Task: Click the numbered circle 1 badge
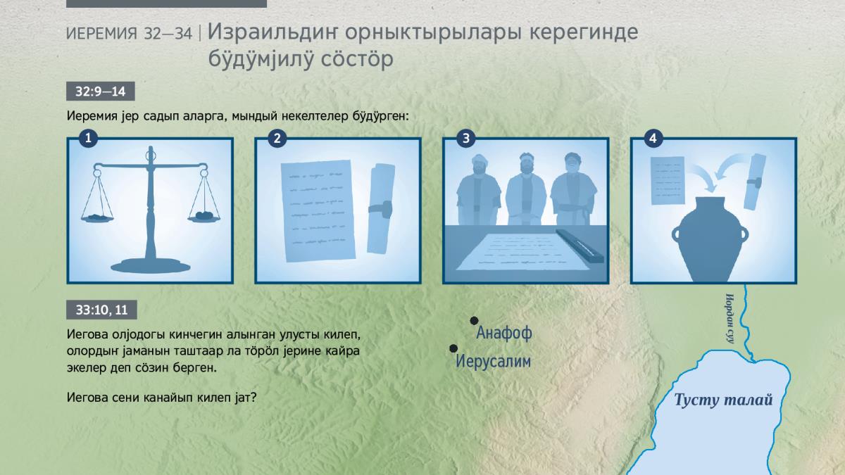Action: pyautogui.click(x=88, y=138)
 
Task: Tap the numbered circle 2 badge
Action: pyautogui.click(x=277, y=138)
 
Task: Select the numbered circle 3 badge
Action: pyautogui.click(x=466, y=138)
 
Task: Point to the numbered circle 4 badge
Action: pyautogui.click(x=653, y=138)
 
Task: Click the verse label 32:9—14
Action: pyautogui.click(x=100, y=91)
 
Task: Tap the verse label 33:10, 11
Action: pyautogui.click(x=101, y=310)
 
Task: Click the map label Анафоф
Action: pyautogui.click(x=504, y=333)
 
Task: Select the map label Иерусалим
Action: pyautogui.click(x=493, y=361)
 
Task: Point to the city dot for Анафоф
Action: pyautogui.click(x=474, y=320)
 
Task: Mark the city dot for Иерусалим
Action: pyautogui.click(x=453, y=348)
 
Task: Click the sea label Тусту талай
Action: pyautogui.click(x=723, y=400)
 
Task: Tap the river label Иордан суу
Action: pyautogui.click(x=730, y=319)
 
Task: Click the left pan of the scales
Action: pyautogui.click(x=97, y=218)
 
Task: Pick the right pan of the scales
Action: pyautogui.click(x=204, y=217)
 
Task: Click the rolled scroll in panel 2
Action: pyautogui.click(x=381, y=208)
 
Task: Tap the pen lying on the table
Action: pyautogui.click(x=580, y=246)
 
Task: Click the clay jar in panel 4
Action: pyautogui.click(x=710, y=239)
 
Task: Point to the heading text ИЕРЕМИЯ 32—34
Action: pyautogui.click(x=130, y=34)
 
